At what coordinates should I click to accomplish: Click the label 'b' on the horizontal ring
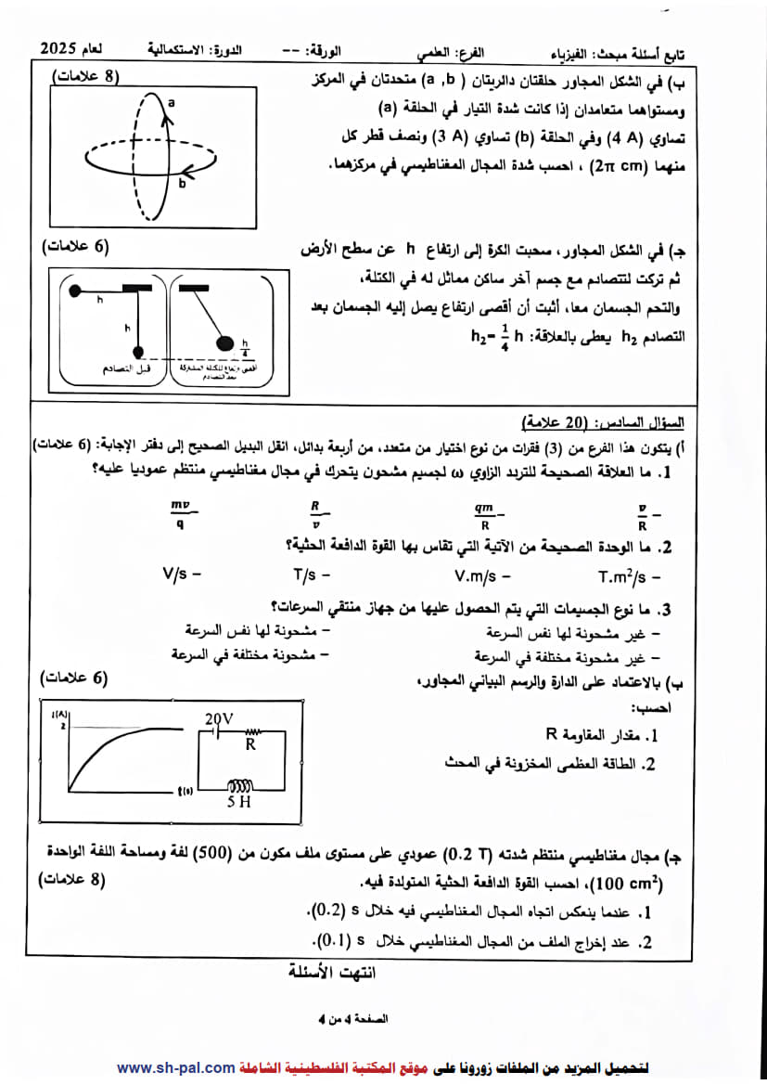point(182,184)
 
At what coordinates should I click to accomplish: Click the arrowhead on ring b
point(187,171)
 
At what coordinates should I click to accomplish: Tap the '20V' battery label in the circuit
point(220,718)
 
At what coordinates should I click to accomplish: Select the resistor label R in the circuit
point(250,743)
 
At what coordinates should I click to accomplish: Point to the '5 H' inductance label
point(238,801)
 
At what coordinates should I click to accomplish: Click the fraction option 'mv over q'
point(180,513)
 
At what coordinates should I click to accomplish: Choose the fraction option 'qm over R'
point(484,513)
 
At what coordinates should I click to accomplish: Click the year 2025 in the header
point(62,47)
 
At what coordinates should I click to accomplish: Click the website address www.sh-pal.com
point(175,1067)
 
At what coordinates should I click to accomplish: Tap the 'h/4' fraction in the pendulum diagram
point(246,346)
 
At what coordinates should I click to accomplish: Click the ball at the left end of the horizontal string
point(76,291)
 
